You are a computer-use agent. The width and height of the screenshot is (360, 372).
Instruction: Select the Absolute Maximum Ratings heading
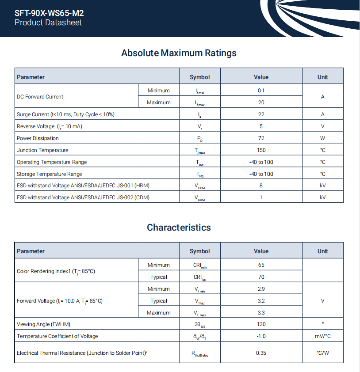tap(179, 53)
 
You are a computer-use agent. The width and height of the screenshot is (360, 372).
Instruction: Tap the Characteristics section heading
tap(179, 228)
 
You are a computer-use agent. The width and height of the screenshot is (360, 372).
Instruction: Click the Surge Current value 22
tap(261, 114)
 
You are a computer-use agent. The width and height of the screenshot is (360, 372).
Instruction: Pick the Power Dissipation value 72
tap(261, 138)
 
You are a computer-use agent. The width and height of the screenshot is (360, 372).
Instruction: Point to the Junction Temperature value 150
tap(261, 150)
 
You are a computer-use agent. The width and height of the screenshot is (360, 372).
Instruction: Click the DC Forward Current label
tap(40, 97)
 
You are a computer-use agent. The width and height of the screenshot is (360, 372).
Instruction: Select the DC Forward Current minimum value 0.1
tap(261, 91)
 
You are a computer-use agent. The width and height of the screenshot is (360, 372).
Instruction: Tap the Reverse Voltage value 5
tap(261, 126)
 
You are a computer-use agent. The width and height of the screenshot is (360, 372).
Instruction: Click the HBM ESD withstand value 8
tap(261, 186)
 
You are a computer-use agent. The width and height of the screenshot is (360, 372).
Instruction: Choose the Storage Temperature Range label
tap(49, 174)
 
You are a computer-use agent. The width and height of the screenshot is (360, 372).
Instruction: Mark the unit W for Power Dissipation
tap(322, 138)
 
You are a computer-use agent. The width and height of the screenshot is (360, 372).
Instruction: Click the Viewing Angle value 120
tap(261, 324)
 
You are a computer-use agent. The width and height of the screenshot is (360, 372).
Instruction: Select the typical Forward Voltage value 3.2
tap(261, 301)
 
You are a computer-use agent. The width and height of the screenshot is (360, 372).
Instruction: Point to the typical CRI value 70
tap(261, 277)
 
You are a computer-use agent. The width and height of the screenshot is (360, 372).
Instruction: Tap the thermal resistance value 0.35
tap(261, 353)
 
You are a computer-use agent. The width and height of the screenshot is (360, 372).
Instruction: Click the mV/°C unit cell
tap(322, 336)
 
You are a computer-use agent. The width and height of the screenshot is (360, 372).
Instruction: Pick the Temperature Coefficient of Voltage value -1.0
tap(261, 336)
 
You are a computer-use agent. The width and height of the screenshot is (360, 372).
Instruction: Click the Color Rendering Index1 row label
tap(56, 271)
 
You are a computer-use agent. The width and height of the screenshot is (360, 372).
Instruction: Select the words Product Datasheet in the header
tap(48, 23)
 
